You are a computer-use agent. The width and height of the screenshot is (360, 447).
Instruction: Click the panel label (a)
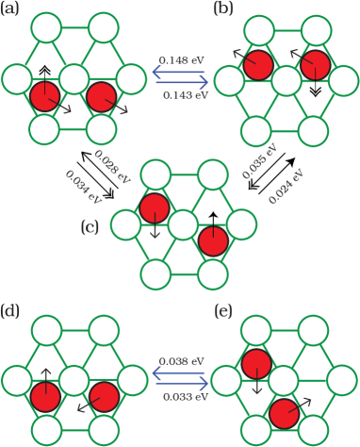[13, 9]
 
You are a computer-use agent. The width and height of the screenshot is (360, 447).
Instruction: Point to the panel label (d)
[13, 309]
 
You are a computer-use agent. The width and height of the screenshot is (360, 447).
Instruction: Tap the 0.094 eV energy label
[83, 186]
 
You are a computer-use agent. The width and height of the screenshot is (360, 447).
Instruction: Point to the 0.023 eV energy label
[111, 165]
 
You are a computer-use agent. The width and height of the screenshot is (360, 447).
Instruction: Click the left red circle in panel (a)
[44, 95]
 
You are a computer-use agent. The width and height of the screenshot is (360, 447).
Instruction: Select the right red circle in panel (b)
[315, 66]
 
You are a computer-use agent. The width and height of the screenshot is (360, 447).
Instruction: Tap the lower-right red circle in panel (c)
[214, 240]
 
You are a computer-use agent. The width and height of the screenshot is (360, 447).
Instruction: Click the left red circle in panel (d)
[44, 398]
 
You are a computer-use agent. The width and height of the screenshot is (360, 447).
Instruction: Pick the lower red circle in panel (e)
[284, 411]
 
